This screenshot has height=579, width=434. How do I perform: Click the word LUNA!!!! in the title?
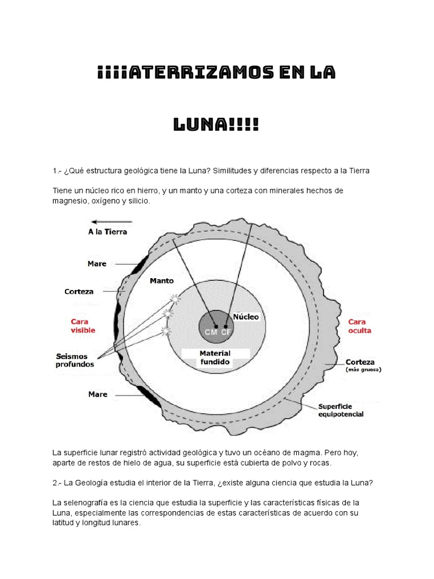(x=216, y=124)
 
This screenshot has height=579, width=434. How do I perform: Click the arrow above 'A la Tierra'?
(x=111, y=222)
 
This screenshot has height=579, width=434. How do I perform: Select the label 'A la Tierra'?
(x=108, y=232)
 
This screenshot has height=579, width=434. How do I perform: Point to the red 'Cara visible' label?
(x=83, y=325)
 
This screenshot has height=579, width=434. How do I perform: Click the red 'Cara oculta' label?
(x=359, y=326)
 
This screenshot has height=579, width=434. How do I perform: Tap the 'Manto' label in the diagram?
(x=162, y=280)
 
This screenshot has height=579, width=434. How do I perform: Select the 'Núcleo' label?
(x=245, y=317)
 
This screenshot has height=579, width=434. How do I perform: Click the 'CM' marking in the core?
(x=211, y=331)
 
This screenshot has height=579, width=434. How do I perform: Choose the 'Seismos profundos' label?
(x=75, y=360)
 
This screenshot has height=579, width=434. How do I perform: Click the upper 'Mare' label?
(x=97, y=263)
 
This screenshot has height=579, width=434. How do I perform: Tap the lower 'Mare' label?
(x=97, y=394)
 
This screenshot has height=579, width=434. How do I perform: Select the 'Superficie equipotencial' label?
(x=341, y=410)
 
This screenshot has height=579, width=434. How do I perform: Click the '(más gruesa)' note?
(x=363, y=370)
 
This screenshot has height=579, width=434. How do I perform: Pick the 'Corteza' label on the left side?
(x=79, y=292)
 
